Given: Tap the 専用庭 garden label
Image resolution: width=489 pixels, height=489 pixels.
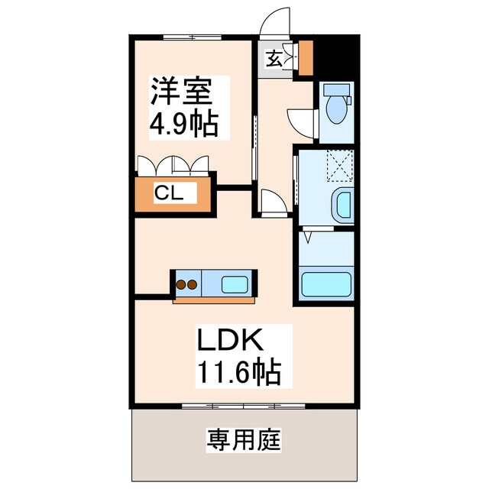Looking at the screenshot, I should tap(244, 440).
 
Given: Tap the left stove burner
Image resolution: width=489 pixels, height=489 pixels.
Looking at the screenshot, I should tap(182, 285).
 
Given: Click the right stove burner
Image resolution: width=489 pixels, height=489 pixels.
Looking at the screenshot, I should tap(193, 285).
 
